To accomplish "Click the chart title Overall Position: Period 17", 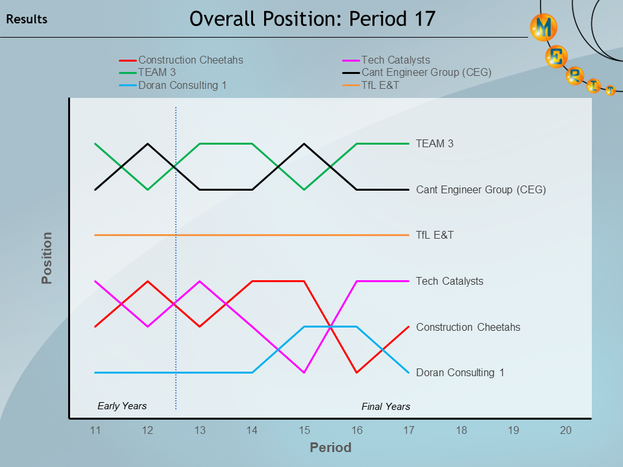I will (x=311, y=19).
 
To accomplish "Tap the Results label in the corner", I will (x=27, y=19).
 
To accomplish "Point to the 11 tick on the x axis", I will (x=95, y=430).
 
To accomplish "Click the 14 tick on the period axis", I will (x=252, y=430).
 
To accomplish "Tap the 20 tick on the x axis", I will (x=565, y=430).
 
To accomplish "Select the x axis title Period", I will (x=330, y=448).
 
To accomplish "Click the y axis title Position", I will (x=47, y=258).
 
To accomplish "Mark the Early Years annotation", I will (x=122, y=406).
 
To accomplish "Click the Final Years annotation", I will (x=385, y=407).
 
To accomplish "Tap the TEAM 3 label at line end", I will (x=434, y=143).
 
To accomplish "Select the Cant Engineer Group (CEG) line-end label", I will (x=481, y=190).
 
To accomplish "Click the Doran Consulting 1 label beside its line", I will (x=460, y=373).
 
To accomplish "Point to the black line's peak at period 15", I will (x=304, y=143).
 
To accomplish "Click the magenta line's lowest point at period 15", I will (x=304, y=372).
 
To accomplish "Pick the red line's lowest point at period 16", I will (x=356, y=372).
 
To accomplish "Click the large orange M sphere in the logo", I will (x=543, y=28).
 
